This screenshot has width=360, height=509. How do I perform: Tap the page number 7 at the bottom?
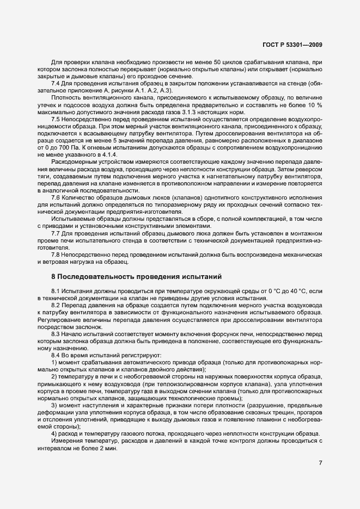pos(320,463)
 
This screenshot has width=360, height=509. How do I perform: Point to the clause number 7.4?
pos(56,83)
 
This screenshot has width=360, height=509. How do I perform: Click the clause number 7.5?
pos(56,119)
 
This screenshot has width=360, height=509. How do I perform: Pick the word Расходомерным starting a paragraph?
pos(77,161)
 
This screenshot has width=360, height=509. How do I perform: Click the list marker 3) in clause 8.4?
pos(54,406)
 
